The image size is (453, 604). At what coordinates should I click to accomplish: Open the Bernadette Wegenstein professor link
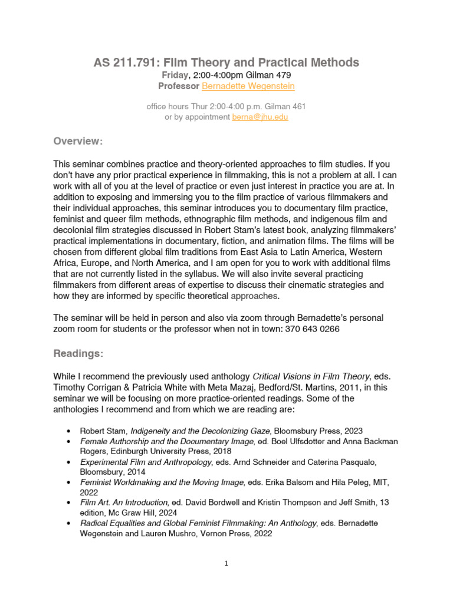click(x=248, y=86)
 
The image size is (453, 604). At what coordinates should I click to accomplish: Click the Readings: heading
click(x=78, y=353)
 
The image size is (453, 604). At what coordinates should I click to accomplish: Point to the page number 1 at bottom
click(x=226, y=563)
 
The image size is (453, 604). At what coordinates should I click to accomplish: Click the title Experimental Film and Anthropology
click(x=146, y=462)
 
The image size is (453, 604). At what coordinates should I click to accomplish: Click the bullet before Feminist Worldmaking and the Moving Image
click(x=70, y=482)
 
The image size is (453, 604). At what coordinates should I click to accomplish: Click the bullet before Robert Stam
click(x=70, y=431)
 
